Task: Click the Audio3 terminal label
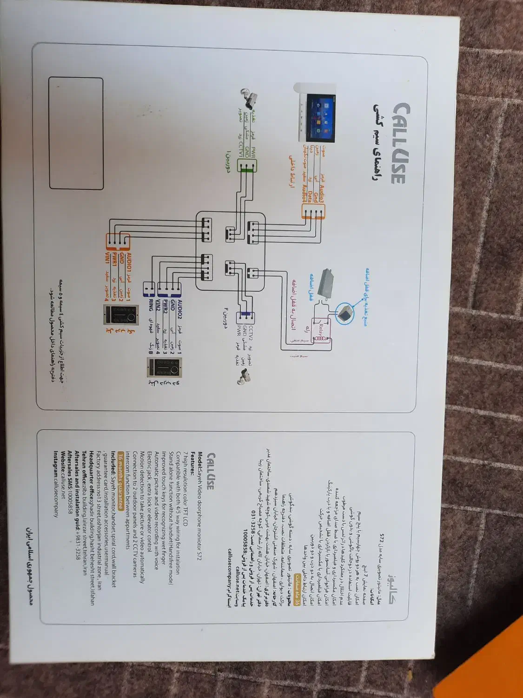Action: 321,194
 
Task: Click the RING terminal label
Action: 150,305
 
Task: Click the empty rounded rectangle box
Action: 76,134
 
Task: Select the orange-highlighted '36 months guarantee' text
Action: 122,481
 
